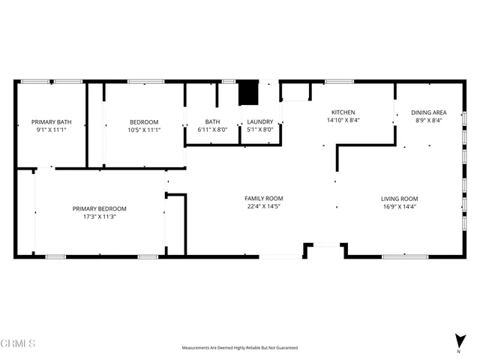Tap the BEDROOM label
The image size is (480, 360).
(144, 121)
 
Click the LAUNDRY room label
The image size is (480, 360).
(260, 121)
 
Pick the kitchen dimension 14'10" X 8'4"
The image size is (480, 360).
(342, 119)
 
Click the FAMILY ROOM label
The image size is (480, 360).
(264, 199)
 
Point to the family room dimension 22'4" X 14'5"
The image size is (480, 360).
(264, 206)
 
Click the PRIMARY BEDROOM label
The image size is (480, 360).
(99, 208)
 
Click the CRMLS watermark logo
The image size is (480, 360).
(19, 343)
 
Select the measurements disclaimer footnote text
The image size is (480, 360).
(239, 348)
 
